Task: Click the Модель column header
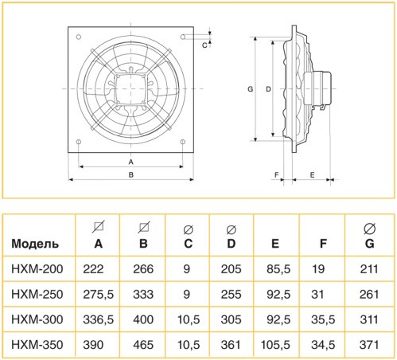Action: click(33, 244)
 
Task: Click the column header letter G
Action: click(368, 244)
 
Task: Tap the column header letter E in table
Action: click(274, 244)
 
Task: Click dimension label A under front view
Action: click(130, 162)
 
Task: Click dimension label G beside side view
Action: click(250, 90)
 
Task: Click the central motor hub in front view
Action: click(131, 89)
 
